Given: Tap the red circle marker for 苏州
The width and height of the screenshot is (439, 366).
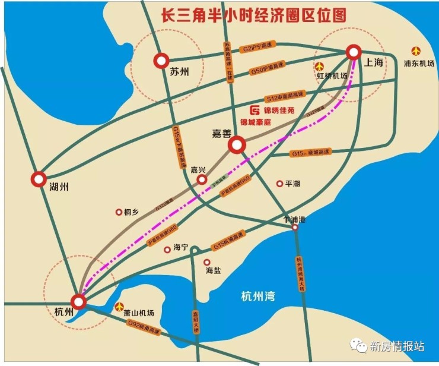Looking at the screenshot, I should [161, 61].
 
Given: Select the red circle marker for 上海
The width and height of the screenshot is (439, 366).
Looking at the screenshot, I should [354, 52].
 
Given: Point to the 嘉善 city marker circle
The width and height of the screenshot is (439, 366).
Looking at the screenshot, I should [236, 144].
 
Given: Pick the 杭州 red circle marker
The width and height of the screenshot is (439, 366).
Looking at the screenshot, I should [79, 302].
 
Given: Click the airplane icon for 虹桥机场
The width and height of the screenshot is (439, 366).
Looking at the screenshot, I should [321, 66].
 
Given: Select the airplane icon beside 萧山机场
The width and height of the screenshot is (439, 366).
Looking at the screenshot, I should [120, 307].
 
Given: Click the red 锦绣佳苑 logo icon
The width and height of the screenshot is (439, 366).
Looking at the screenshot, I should [255, 111].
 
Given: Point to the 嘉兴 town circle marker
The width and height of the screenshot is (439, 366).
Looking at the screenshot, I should [202, 179].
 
